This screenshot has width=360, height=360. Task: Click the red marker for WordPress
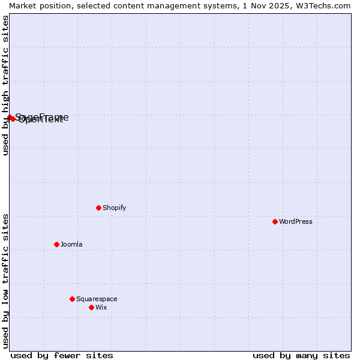tap(275, 221)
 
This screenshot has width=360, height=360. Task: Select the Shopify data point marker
tap(98, 208)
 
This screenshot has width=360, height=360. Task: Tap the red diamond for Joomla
tap(56, 244)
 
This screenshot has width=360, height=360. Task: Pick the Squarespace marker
tap(72, 299)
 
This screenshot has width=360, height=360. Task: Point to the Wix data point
tap(91, 307)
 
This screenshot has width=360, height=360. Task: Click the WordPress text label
tap(296, 221)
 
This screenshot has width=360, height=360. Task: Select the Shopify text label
tap(114, 208)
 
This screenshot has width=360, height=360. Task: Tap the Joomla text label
tap(71, 244)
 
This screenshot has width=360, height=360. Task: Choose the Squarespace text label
tap(97, 299)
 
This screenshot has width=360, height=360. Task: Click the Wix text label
tap(101, 307)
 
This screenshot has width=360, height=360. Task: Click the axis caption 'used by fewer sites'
tap(62, 355)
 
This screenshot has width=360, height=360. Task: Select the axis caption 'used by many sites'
tap(301, 355)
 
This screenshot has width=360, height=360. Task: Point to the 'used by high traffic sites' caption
tap(5, 85)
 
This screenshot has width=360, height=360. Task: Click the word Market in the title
tap(23, 5)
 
